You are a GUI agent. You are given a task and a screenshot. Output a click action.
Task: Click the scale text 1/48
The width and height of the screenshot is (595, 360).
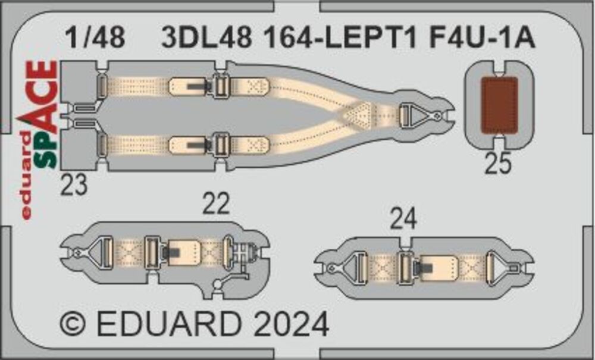point(95,38)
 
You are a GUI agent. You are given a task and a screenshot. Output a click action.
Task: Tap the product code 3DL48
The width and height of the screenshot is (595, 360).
point(206,38)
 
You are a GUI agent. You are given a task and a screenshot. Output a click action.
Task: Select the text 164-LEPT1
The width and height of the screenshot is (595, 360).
point(340,38)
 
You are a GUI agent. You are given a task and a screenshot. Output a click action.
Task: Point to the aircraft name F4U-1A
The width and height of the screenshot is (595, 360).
point(483,38)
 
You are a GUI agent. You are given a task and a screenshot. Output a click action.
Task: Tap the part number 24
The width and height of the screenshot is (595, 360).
point(403,220)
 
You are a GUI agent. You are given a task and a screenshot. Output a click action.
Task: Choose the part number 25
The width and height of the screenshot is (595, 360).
point(498,164)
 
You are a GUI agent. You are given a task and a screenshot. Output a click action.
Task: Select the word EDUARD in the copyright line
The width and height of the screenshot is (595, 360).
point(169,324)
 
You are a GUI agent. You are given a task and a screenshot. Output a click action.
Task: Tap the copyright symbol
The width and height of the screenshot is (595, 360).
point(73,325)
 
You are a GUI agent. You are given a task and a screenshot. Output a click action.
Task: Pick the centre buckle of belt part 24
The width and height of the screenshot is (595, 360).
point(406,267)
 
